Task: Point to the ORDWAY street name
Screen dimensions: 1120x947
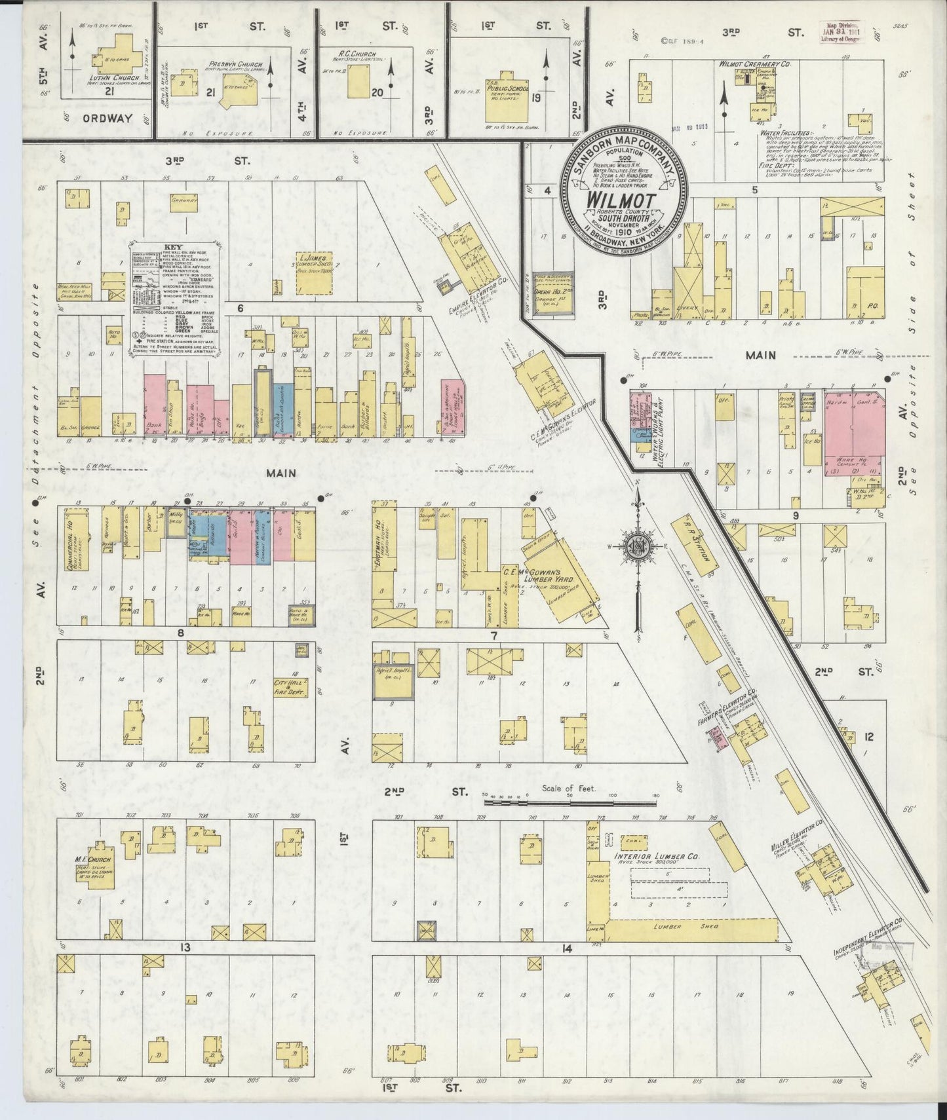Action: pos(107,119)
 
